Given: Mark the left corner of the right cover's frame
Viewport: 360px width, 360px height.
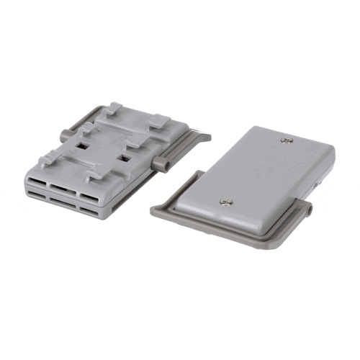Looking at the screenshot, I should coord(153,211).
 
